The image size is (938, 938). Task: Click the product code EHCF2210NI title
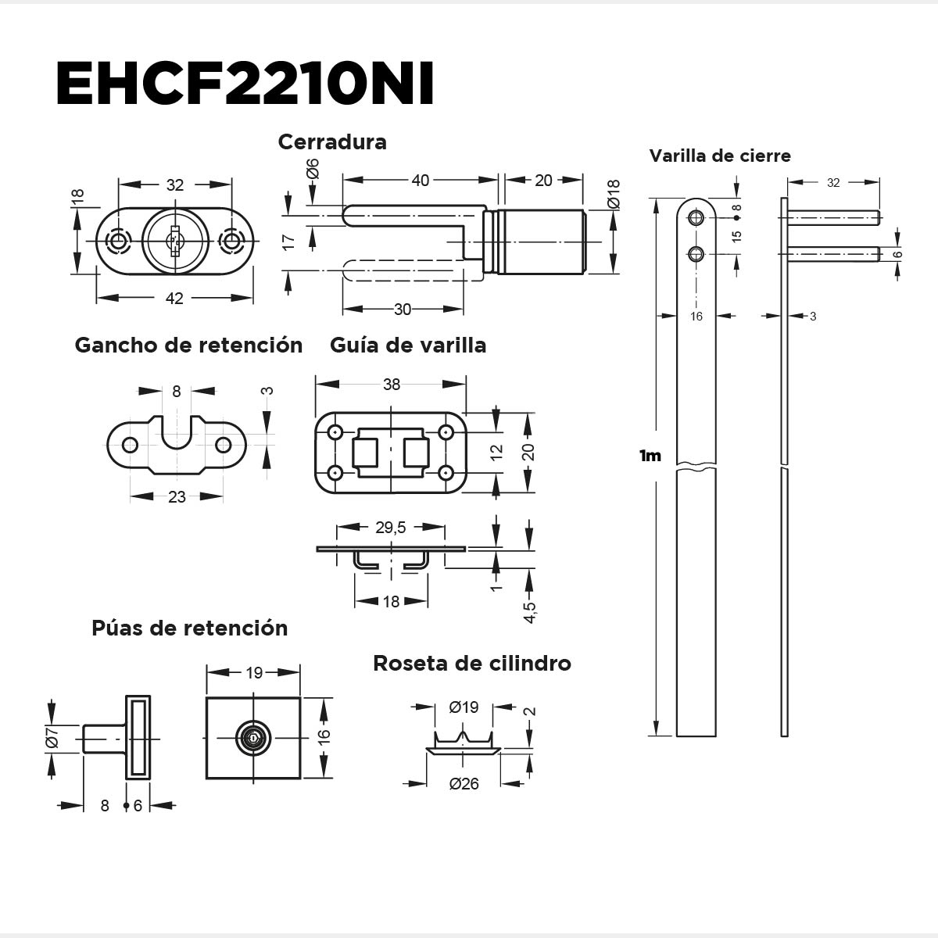pyautogui.click(x=245, y=84)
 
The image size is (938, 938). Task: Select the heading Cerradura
pyautogui.click(x=332, y=142)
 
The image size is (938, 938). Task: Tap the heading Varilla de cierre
pyautogui.click(x=720, y=156)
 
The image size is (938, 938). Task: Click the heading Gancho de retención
pyautogui.click(x=188, y=345)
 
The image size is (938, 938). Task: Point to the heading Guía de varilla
pyautogui.click(x=408, y=345)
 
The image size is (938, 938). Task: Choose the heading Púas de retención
pyautogui.click(x=189, y=628)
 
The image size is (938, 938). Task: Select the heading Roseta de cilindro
pyautogui.click(x=471, y=664)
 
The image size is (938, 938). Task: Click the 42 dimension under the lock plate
pyautogui.click(x=174, y=298)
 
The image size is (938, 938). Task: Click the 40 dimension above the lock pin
pyautogui.click(x=420, y=181)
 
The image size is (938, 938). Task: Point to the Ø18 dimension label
pyautogui.click(x=614, y=194)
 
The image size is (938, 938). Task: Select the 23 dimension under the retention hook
pyautogui.click(x=177, y=496)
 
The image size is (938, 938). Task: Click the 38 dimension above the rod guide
pyautogui.click(x=392, y=384)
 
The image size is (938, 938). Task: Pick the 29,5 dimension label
pyautogui.click(x=391, y=528)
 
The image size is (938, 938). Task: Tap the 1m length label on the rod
pyautogui.click(x=650, y=456)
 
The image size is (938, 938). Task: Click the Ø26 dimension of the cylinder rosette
pyautogui.click(x=464, y=784)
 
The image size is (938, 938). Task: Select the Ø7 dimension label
pyautogui.click(x=52, y=738)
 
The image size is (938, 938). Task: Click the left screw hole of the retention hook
pyautogui.click(x=130, y=446)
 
